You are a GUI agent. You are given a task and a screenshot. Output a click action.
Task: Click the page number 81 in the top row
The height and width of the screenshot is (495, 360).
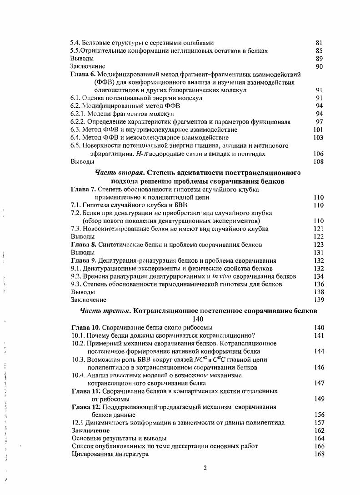[319, 43]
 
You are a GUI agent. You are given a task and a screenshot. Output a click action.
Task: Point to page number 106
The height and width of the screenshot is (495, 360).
[319, 154]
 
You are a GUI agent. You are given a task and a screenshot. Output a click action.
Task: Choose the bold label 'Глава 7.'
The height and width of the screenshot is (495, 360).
[84, 189]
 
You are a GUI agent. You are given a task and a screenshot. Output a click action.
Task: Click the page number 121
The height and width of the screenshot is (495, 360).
[319, 229]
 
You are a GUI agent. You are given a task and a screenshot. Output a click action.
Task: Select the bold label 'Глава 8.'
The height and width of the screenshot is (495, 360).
[84, 245]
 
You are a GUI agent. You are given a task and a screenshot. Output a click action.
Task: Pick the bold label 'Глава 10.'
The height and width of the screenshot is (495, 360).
[86, 327]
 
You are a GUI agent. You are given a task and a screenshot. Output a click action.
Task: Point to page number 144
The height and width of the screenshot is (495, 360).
[319, 351]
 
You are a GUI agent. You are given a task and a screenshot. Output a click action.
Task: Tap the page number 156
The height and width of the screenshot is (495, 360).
[319, 415]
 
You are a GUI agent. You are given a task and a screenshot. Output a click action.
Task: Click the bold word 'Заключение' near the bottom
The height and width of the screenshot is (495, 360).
[91, 430]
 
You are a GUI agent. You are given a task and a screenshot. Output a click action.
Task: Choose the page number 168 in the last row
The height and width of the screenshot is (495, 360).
[319, 454]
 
